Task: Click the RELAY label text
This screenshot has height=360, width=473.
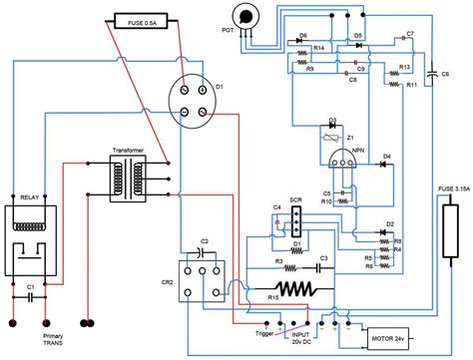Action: click(28, 199)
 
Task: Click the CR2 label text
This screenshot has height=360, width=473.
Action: click(167, 282)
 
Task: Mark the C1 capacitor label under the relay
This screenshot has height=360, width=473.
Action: click(30, 285)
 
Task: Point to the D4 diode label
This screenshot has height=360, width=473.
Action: click(385, 154)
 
